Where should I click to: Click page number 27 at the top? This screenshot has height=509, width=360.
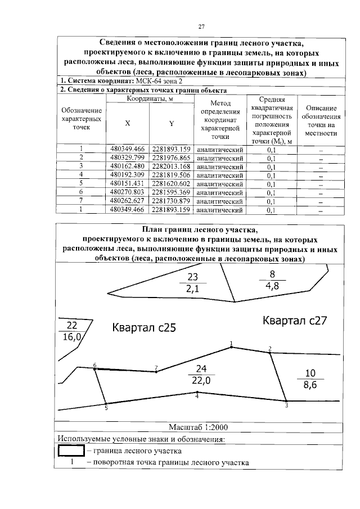click(200, 26)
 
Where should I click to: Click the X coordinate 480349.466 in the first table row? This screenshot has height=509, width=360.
click(128, 149)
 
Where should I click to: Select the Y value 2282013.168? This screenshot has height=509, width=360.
click(172, 166)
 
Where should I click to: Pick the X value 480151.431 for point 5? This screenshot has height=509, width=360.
click(128, 184)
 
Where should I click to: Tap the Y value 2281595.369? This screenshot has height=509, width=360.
click(172, 192)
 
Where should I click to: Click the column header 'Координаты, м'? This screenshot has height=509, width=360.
click(149, 99)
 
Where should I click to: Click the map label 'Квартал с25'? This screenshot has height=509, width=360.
click(144, 328)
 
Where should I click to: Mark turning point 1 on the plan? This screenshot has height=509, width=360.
click(231, 347)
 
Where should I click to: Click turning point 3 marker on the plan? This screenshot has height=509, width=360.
click(286, 400)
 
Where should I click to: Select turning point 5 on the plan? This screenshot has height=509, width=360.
click(106, 403)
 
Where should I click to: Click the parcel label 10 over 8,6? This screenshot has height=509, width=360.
click(310, 379)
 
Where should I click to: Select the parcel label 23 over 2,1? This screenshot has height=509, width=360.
click(193, 283)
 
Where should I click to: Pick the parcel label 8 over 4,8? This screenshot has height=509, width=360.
click(272, 279)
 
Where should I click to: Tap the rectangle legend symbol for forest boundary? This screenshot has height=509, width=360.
click(70, 451)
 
